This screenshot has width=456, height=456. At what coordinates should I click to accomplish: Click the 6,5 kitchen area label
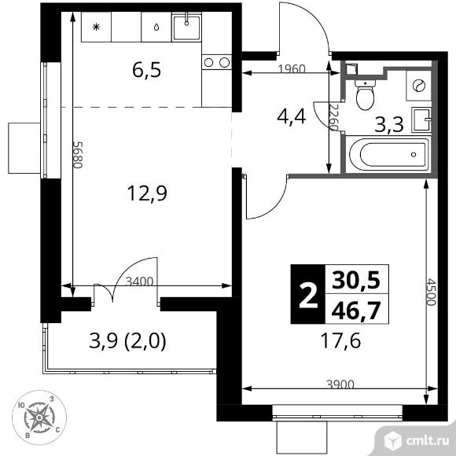pyautogui.click(x=146, y=71)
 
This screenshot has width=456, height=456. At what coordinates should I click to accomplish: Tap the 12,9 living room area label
pyautogui.click(x=147, y=193)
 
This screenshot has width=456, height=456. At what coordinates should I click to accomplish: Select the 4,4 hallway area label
pyautogui.click(x=291, y=117)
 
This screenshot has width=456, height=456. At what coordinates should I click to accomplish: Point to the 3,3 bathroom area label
pyautogui.click(x=389, y=124)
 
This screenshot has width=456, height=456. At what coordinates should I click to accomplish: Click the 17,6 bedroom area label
pyautogui.click(x=340, y=341)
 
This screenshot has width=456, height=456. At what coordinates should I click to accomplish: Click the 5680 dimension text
pyautogui.click(x=79, y=155)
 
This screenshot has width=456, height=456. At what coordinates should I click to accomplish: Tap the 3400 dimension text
pyautogui.click(x=139, y=281)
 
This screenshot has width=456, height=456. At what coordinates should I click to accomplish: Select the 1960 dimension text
pyautogui.click(x=292, y=69)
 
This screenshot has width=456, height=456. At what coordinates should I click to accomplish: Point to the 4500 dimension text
pyautogui.click(x=432, y=292)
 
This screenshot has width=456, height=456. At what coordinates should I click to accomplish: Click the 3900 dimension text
pyautogui.click(x=340, y=384)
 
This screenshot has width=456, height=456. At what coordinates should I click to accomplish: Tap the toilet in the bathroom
pyautogui.click(x=366, y=94)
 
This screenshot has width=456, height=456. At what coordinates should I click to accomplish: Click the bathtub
pyautogui.click(x=387, y=154)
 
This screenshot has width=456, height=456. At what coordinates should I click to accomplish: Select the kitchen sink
pyautogui.click(x=186, y=28)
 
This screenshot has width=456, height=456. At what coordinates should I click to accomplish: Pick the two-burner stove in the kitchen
pyautogui.click(x=217, y=62)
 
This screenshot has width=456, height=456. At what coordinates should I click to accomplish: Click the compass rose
pyautogui.click(x=39, y=417)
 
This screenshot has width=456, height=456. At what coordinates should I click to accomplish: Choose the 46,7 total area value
pyautogui.click(x=356, y=310)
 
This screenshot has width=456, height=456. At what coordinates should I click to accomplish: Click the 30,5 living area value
pyautogui.click(x=356, y=280)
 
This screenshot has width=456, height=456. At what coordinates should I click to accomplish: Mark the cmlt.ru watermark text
pyautogui.click(x=428, y=441)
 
